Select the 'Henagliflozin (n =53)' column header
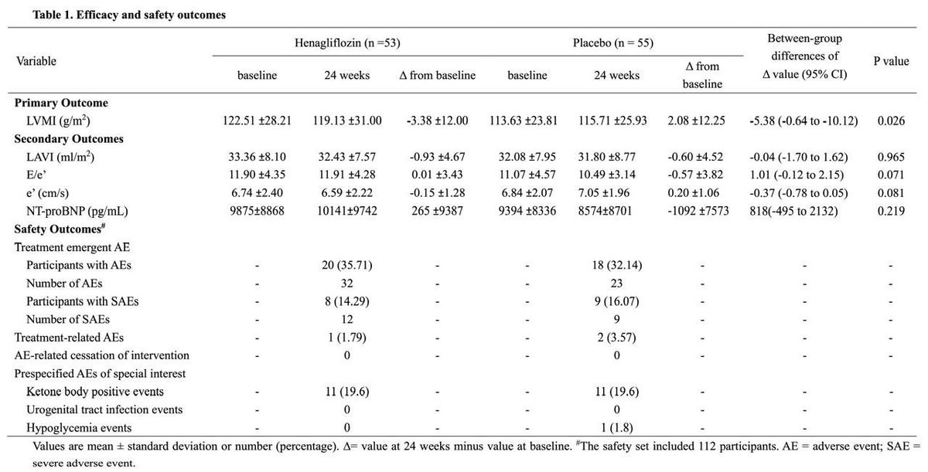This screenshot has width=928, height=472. [x=347, y=43]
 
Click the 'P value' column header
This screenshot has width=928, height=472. [x=891, y=60]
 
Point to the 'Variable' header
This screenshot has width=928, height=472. [x=36, y=60]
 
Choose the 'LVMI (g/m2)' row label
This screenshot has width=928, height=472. [x=56, y=121]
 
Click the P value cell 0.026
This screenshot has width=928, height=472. [x=891, y=121]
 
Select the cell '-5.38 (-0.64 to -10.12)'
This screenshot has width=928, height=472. [x=804, y=121]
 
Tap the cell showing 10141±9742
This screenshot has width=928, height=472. [x=346, y=211]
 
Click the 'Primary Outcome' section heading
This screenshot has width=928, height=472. [x=61, y=103]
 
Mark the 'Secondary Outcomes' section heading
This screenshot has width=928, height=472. [x=69, y=139]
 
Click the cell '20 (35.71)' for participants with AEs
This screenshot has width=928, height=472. [x=346, y=265]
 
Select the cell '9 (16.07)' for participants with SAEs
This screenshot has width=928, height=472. [x=616, y=301]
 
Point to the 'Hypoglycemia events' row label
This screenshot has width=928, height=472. [x=79, y=427]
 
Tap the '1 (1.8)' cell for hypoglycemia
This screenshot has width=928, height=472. [x=616, y=427]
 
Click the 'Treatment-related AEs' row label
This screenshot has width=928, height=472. [x=69, y=337]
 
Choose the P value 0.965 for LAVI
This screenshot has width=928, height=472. [x=891, y=157]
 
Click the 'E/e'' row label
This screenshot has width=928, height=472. [x=39, y=175]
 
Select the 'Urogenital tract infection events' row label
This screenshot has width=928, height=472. [x=104, y=409]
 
